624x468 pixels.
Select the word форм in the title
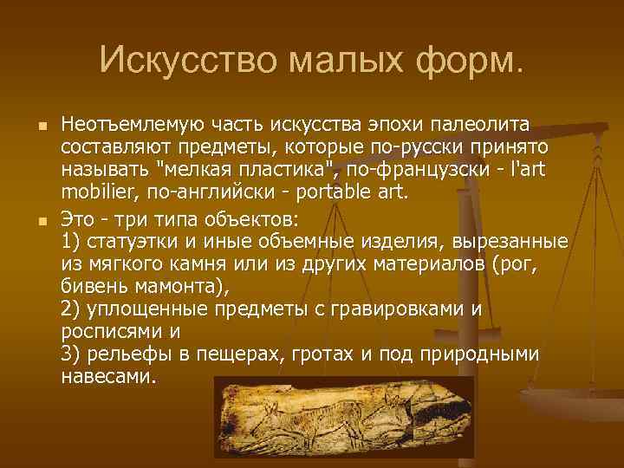click(x=472, y=60)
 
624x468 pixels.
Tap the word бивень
click(x=94, y=286)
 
